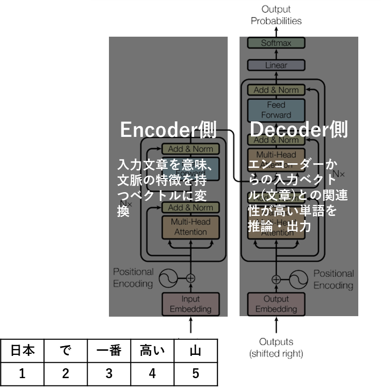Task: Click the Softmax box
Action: (276, 43)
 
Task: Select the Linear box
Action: (276, 66)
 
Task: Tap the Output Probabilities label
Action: (276, 15)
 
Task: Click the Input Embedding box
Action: (190, 304)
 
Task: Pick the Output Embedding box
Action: (276, 304)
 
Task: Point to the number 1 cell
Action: (22, 373)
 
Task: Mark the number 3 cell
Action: (109, 373)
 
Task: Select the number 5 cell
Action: (195, 373)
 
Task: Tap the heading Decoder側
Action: (298, 130)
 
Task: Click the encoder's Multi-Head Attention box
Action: (190, 227)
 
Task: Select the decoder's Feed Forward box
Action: (276, 110)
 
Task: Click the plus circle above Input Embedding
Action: (190, 278)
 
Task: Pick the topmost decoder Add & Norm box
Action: (276, 90)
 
